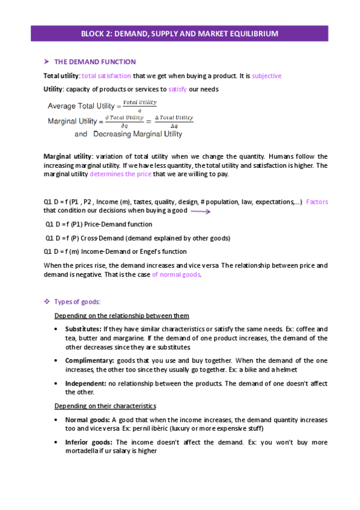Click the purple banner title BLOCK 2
pos(180,34)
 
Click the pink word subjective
pos(266,76)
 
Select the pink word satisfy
pos(178,89)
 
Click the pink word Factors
pos(317,202)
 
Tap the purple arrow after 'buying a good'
pos(200,211)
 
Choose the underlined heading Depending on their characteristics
pos(105,406)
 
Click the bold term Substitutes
pos(84,330)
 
